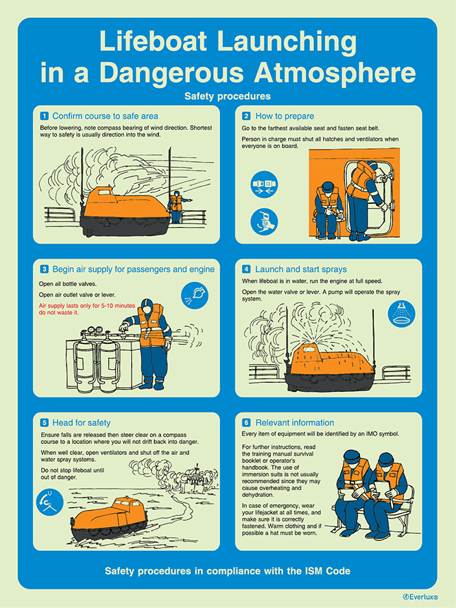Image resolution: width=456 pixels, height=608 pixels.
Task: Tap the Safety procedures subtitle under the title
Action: click(x=227, y=96)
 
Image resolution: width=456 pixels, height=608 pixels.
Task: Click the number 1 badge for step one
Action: click(x=45, y=116)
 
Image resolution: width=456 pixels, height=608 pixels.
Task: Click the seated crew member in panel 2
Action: click(x=326, y=209)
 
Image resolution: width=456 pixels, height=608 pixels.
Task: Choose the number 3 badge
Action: click(x=45, y=269)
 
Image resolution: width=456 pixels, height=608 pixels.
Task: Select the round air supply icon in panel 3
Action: click(x=194, y=296)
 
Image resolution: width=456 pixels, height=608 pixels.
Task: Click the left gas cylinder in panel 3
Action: click(x=85, y=362)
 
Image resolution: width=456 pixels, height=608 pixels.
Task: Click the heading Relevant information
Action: click(x=294, y=423)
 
